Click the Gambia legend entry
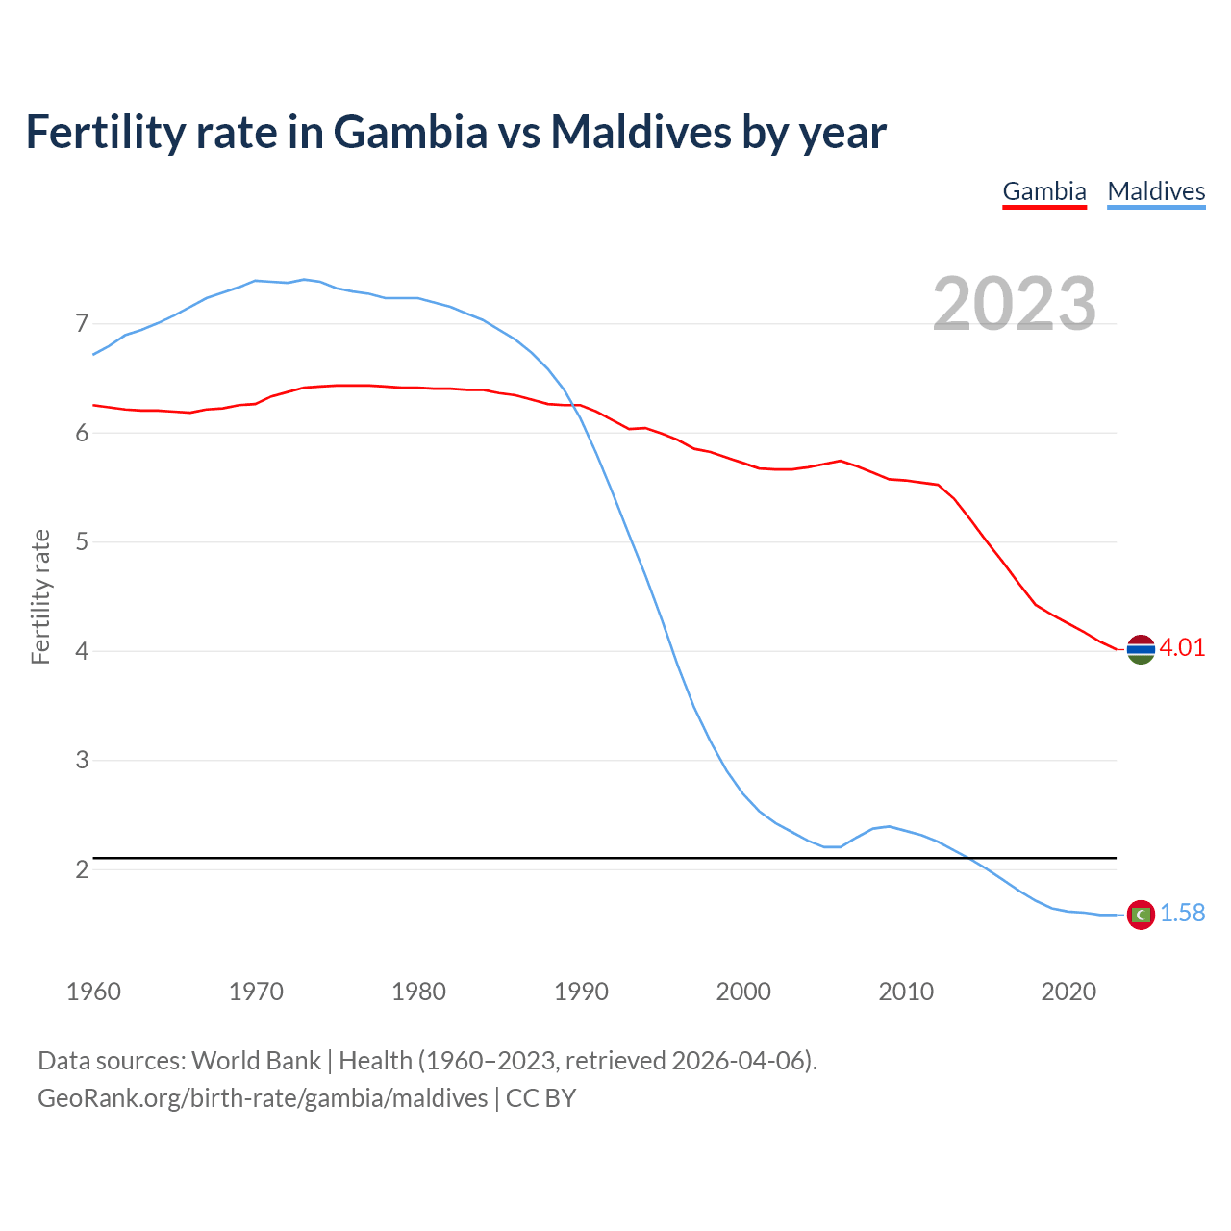coord(1044,191)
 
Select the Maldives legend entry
coord(1156,191)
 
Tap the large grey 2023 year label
coord(1015,304)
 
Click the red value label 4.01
coord(1182,647)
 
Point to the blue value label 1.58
coord(1182,913)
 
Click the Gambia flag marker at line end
coord(1141,650)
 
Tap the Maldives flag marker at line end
coord(1141,915)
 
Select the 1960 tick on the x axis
coord(93,992)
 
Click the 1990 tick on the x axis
coord(581,992)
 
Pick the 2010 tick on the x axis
coord(906,992)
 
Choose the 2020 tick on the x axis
coord(1068,992)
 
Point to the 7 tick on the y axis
coord(82,323)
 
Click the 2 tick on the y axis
coord(82,869)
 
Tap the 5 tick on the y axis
coord(82,541)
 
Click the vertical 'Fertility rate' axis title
coord(40,596)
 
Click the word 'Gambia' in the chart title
coord(411,132)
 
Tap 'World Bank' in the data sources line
coord(256,1061)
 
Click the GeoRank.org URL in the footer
coord(263,1098)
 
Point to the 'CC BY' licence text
coord(540,1098)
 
